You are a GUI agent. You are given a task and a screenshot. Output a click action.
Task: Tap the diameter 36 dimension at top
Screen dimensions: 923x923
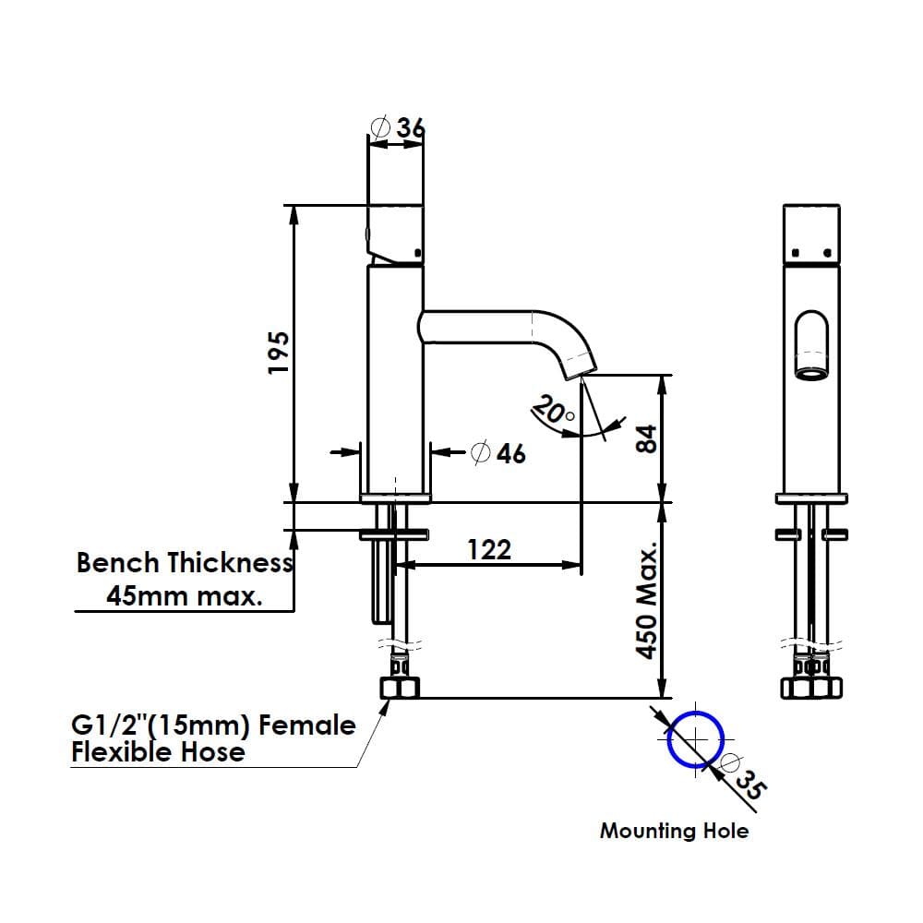click(399, 127)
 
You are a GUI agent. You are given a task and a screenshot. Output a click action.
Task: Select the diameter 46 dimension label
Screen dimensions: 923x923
click(498, 453)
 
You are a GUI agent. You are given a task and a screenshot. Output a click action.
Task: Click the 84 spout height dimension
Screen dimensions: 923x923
click(647, 438)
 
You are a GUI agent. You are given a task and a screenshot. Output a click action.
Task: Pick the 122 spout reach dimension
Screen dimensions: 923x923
click(488, 550)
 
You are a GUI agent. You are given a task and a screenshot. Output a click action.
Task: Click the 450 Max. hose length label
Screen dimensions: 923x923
click(648, 601)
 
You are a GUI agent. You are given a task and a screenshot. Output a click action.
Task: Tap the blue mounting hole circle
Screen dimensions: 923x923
click(695, 739)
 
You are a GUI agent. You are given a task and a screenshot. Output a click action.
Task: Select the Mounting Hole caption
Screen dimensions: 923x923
click(674, 831)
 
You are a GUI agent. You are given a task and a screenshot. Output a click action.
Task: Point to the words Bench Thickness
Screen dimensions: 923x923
click(185, 563)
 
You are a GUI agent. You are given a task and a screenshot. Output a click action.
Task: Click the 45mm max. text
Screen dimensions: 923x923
click(185, 596)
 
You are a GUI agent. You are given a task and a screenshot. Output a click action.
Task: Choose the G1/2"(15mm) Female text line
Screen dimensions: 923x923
click(213, 725)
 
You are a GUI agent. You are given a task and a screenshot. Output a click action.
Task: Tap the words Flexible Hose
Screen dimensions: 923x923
click(159, 752)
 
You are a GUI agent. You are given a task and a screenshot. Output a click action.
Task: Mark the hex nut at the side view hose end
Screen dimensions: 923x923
click(399, 688)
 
